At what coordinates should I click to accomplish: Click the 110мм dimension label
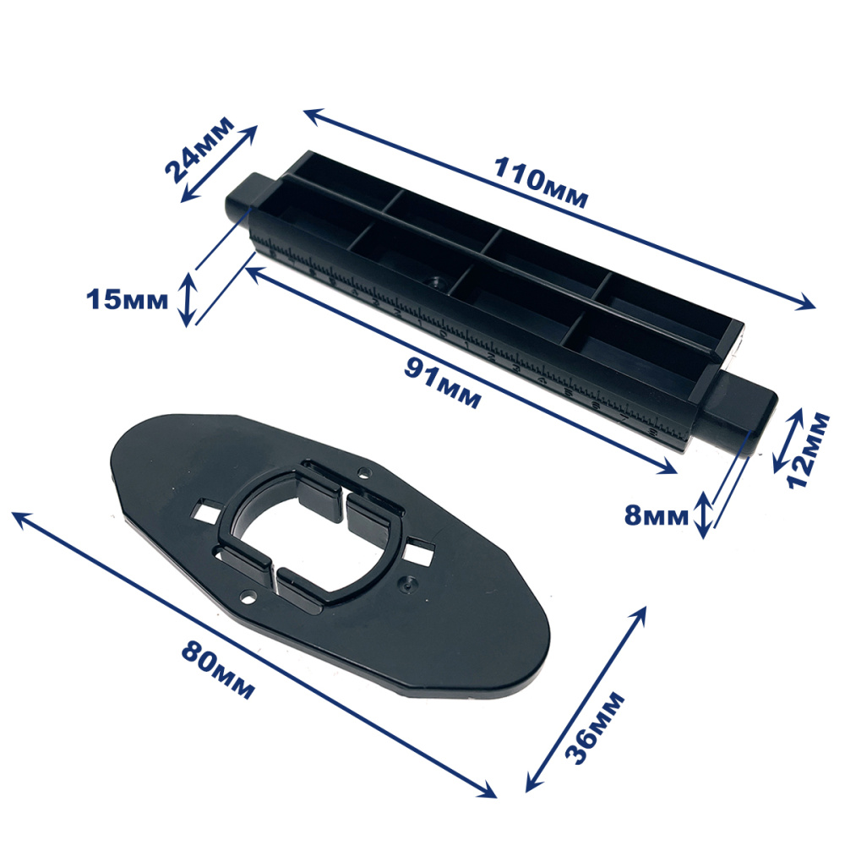[x=541, y=182]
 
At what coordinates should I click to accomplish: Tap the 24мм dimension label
[x=199, y=150]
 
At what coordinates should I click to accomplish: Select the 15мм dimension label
[x=128, y=300]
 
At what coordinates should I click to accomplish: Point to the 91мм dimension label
[x=442, y=383]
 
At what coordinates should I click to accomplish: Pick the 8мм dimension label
[x=657, y=515]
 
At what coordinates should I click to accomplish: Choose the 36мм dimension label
[x=594, y=728]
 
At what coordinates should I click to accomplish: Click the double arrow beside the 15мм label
[x=188, y=300]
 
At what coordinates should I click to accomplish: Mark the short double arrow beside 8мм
[x=703, y=515]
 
